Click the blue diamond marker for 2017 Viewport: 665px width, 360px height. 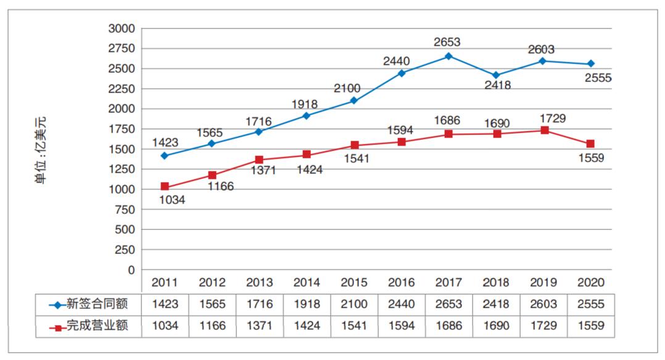pos(448,56)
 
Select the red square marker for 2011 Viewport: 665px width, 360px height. pos(165,186)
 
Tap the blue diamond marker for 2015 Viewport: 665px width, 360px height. pos(354,100)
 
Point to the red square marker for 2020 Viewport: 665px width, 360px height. pos(590,144)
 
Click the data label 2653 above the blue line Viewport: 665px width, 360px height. pos(447,42)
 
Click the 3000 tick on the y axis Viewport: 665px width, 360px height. pos(121,28)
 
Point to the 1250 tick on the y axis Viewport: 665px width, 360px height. pos(121,170)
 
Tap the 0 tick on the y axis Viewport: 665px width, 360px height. pos(130,270)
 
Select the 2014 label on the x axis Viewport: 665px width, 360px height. pos(307,283)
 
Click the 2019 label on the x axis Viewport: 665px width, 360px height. pos(543,283)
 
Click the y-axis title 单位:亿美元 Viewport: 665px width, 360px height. pos(41,150)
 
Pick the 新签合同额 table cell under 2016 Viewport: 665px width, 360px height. pos(401,305)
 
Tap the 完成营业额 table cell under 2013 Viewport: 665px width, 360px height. pos(259,326)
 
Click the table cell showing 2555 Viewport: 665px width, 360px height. pos(590,305)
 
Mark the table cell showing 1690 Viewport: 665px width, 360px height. pos(495,326)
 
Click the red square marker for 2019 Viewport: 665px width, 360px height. pos(543,131)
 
